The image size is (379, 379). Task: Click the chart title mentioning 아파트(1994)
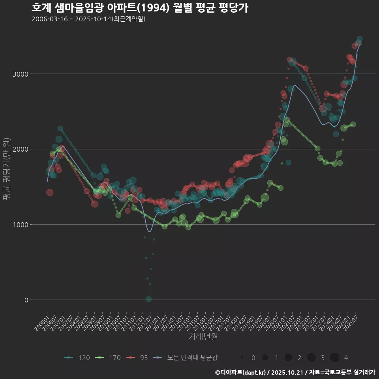coord(140,8)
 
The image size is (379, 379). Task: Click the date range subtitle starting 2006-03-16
coord(88,19)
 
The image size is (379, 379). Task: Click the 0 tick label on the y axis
coord(26,300)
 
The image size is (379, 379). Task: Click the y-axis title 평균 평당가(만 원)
coord(6,170)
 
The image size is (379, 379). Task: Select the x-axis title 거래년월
coord(203,336)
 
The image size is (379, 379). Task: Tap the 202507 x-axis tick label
coord(353,320)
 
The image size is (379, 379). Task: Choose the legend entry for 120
coord(77,358)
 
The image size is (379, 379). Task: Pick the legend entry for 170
coord(109,358)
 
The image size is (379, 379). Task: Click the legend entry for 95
coord(137,358)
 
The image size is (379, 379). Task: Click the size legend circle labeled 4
coord(335,358)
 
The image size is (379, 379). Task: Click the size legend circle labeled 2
coord(289,358)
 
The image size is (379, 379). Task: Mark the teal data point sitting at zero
coord(148,299)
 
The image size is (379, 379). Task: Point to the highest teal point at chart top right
coord(360,39)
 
